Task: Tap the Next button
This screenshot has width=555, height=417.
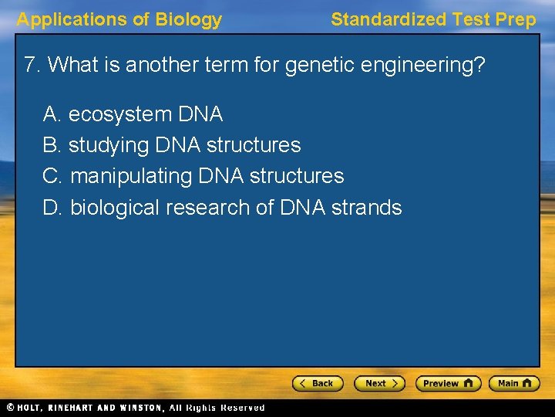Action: [x=379, y=383]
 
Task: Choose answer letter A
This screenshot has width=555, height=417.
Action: [x=52, y=115]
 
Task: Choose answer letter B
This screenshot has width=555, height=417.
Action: [x=52, y=145]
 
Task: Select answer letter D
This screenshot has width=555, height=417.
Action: [x=52, y=208]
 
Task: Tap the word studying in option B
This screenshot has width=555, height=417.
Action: [x=108, y=146]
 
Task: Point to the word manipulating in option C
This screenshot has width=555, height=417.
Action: [x=131, y=177]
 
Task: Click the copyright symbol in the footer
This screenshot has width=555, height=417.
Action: [x=10, y=408]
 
